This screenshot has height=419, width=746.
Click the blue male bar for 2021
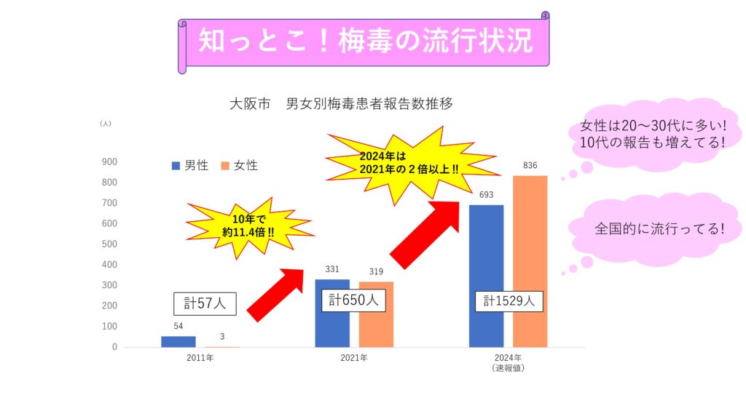331,320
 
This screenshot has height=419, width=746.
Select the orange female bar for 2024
530,262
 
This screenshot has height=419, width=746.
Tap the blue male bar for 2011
178,341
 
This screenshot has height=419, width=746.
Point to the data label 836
530,166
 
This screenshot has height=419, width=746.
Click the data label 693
486,195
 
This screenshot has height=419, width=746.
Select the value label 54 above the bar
178,326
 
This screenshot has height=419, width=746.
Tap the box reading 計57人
205,303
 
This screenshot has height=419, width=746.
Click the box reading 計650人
353,299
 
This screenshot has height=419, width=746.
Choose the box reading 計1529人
509,300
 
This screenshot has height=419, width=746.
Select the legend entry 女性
239,166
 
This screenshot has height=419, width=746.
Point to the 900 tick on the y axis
109,161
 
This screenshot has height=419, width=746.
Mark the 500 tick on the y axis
109,244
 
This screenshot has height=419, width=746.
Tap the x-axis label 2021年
353,359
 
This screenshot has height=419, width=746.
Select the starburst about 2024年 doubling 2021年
408,162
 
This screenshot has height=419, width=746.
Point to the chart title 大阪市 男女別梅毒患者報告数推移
341,103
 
